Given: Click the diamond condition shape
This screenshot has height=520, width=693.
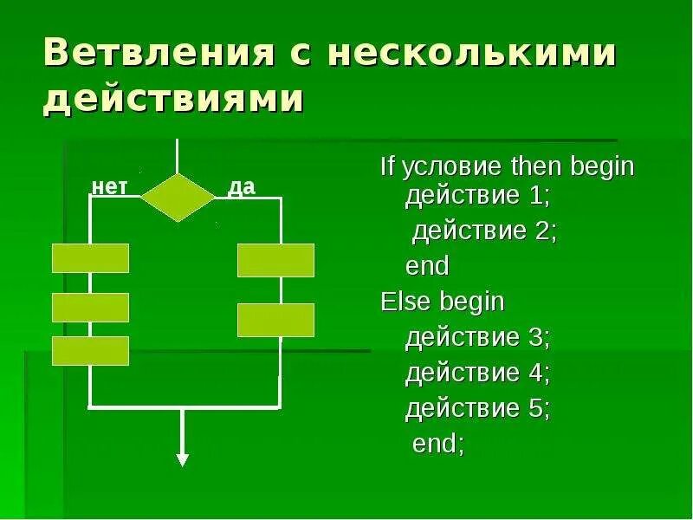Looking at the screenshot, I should (x=178, y=198).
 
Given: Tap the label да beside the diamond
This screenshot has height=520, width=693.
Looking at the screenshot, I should (x=241, y=186).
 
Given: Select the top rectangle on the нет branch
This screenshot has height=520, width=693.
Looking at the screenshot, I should (x=91, y=258).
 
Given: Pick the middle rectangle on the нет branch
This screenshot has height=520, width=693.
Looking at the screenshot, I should (x=91, y=308).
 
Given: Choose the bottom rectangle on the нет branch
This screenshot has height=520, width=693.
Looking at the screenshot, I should (x=91, y=350).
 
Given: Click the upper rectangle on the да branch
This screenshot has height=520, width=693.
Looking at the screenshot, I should (x=275, y=260).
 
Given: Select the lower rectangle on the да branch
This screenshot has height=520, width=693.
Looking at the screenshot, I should (x=275, y=320).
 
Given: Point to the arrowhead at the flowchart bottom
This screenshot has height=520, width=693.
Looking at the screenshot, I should (x=182, y=459).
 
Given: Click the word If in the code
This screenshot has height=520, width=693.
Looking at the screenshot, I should (x=387, y=166).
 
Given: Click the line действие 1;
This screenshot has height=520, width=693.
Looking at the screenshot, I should (x=477, y=196).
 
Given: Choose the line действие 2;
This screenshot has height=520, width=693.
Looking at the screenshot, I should (x=483, y=231).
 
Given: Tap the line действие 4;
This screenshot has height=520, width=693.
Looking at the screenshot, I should (x=477, y=373).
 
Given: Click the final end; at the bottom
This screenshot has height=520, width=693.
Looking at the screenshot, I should (x=438, y=444).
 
